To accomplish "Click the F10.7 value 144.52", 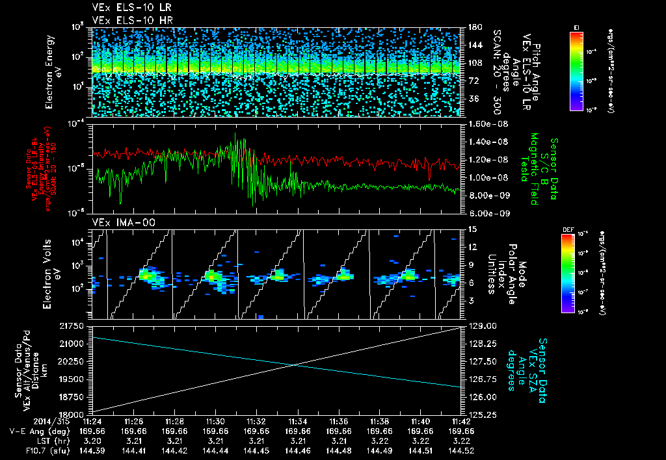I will tap(461, 450).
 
